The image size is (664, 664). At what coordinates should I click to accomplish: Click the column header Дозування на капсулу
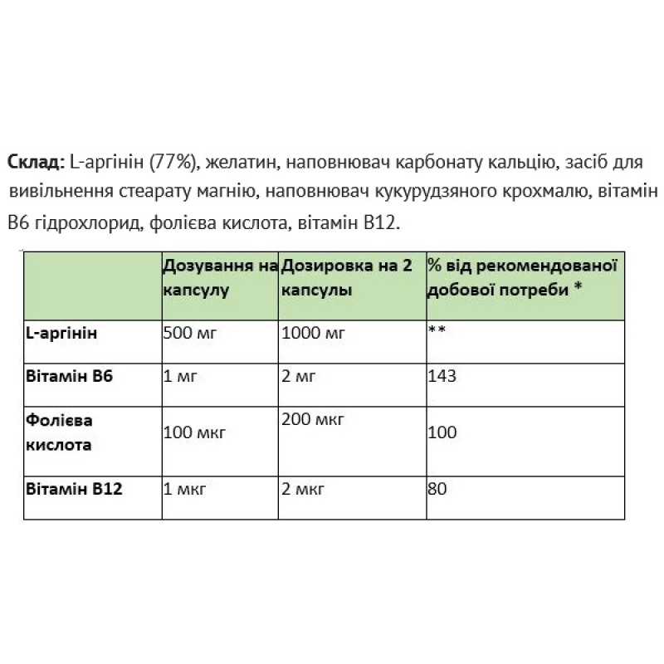219,277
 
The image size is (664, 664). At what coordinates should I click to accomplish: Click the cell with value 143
442,376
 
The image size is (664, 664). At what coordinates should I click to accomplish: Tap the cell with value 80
437,489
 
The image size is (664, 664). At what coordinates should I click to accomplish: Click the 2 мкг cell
304,489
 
